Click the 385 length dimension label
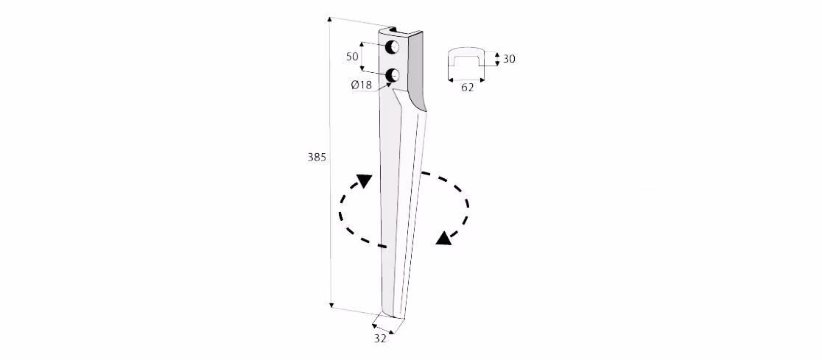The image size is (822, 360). pyautogui.click(x=317, y=157)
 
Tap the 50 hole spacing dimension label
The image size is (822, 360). pyautogui.click(x=352, y=56)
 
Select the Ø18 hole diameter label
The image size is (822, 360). pyautogui.click(x=362, y=85)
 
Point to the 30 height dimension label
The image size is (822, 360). pyautogui.click(x=509, y=59)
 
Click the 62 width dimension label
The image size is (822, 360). pyautogui.click(x=467, y=88)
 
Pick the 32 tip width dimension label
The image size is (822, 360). pyautogui.click(x=380, y=339)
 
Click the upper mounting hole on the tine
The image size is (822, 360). pyautogui.click(x=392, y=47)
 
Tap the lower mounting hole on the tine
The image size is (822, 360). pyautogui.click(x=392, y=76)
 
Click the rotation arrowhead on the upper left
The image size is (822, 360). pyautogui.click(x=363, y=181)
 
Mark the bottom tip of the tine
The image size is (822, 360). pyautogui.click(x=394, y=315)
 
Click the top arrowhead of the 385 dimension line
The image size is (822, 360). pyautogui.click(x=330, y=19)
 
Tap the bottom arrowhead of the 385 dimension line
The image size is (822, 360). pyautogui.click(x=331, y=305)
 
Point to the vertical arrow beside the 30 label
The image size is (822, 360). pyautogui.click(x=497, y=59)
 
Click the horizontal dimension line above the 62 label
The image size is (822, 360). pyautogui.click(x=466, y=80)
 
